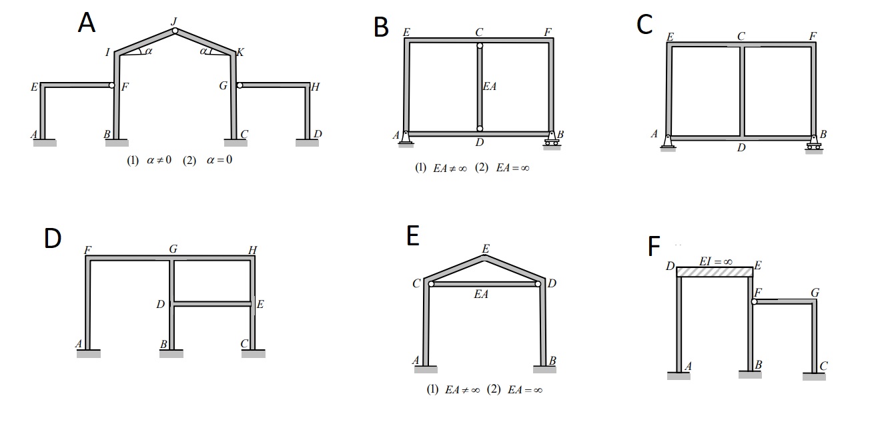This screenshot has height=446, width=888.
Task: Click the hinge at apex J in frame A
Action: pos(175,31)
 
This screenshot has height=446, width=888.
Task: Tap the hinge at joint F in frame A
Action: pos(112,85)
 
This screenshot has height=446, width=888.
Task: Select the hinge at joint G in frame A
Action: pos(240,85)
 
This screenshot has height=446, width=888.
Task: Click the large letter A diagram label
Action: pos(86,23)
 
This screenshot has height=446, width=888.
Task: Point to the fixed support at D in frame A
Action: pos(308,142)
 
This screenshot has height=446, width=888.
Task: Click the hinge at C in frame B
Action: pos(479,46)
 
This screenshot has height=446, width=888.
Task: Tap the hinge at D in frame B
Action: pos(479,129)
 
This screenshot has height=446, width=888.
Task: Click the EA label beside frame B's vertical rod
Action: pos(490,87)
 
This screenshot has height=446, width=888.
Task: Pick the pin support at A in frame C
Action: pos(669,142)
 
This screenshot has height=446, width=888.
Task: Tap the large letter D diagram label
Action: pos(53,238)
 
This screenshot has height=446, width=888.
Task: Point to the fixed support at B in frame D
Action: pos(171,353)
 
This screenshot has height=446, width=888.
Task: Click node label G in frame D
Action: pos(173,249)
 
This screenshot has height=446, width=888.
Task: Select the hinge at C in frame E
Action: pos(431,284)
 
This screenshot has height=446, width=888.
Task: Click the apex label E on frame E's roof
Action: pos(485,249)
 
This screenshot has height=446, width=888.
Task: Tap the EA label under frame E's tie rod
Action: pos(481,294)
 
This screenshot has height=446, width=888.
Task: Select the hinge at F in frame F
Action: pos(755,302)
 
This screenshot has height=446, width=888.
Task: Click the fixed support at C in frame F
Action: pos(814,376)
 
